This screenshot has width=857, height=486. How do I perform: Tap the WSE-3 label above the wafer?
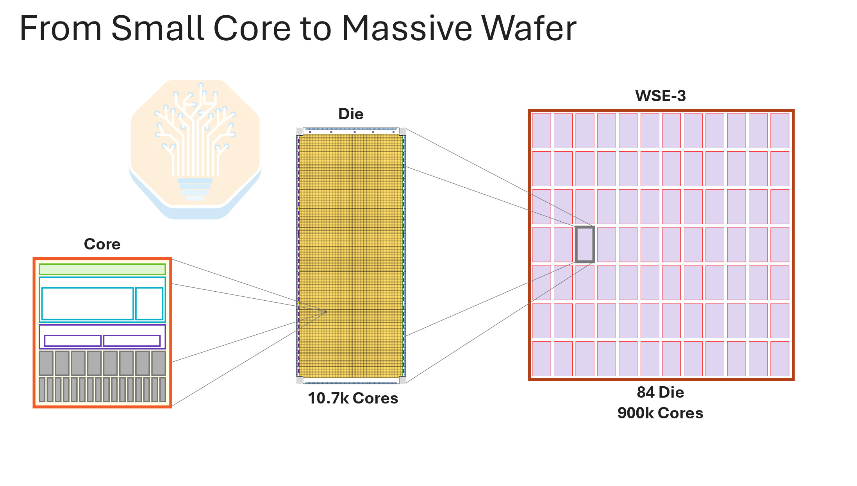coord(661,96)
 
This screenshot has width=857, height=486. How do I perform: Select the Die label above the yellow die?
coord(351,114)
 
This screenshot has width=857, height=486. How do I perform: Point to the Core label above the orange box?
coord(102,244)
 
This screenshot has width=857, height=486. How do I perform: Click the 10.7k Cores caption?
coord(353,398)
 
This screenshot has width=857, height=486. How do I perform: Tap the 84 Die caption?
coord(661,392)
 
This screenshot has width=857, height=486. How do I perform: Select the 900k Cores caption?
coord(661,413)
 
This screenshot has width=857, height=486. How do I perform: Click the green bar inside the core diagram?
coord(102,269)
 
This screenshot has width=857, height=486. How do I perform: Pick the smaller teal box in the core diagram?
coord(149,304)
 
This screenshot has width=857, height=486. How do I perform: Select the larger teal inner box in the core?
coord(87,304)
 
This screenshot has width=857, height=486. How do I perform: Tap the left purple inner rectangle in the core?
coord(73,341)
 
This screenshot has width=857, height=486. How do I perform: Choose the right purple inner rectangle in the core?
coord(132,341)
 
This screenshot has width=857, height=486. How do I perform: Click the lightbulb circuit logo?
coord(195,149)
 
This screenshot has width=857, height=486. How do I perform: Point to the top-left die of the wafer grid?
coord(541,131)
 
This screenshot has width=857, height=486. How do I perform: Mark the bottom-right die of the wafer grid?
coord(780,359)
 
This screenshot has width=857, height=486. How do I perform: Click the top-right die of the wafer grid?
coord(780,131)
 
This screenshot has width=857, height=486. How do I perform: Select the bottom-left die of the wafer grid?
coord(541,359)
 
